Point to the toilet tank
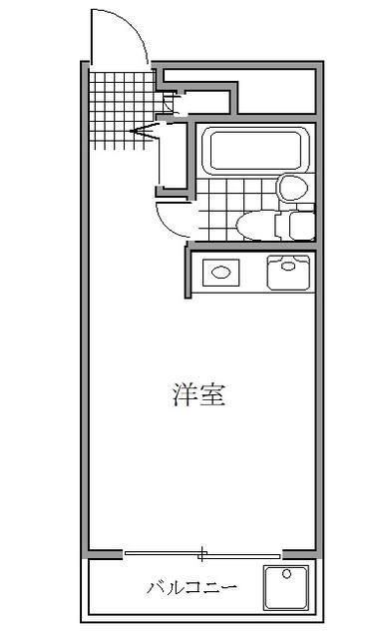point(296,223)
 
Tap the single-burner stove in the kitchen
point(219,271)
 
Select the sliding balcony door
point(203,552)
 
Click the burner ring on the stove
point(220,271)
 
